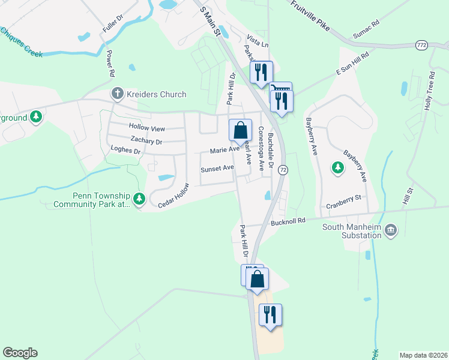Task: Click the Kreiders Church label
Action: (156, 94)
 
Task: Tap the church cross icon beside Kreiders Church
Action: (116, 94)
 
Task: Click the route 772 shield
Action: (422, 45)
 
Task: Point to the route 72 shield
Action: (283, 170)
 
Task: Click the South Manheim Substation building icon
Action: (391, 230)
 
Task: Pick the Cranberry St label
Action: (343, 201)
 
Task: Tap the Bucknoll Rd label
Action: (288, 221)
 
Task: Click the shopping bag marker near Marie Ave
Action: (240, 130)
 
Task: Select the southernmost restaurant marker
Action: (270, 315)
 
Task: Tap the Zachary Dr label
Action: (146, 142)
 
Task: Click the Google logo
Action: (20, 353)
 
